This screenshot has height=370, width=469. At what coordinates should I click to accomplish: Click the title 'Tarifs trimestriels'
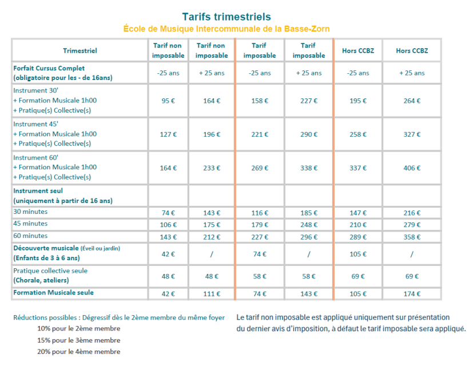[x=226, y=17]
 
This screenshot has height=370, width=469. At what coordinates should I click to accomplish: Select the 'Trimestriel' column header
[x=80, y=50]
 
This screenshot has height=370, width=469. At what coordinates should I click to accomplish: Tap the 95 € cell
[x=168, y=101]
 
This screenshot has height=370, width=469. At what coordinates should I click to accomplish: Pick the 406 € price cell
[x=412, y=168]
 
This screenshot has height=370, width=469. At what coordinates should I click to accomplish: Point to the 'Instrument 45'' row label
[x=35, y=124]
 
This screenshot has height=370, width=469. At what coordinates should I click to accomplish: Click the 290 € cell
[x=309, y=134]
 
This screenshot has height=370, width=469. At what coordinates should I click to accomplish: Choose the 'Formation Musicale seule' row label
[x=53, y=293]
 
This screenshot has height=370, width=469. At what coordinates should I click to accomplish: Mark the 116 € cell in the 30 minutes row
[x=260, y=213]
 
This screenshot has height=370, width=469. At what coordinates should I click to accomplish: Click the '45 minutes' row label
[x=30, y=224]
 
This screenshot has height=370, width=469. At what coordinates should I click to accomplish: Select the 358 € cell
[x=412, y=237]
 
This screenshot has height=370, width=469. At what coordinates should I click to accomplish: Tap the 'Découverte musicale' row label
[x=46, y=248]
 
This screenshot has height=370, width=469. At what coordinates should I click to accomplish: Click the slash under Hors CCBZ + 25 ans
[x=412, y=254]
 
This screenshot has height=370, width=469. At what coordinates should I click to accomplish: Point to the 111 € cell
[x=212, y=294]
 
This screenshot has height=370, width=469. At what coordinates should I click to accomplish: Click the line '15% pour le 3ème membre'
[x=79, y=340]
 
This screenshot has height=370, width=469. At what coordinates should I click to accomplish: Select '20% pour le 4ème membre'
[x=79, y=352]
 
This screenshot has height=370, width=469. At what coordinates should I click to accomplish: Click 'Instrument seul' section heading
[x=38, y=191]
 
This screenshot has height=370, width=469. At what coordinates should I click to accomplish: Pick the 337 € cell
[x=357, y=168]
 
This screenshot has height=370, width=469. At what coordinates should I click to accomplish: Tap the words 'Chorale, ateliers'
[x=41, y=280]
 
